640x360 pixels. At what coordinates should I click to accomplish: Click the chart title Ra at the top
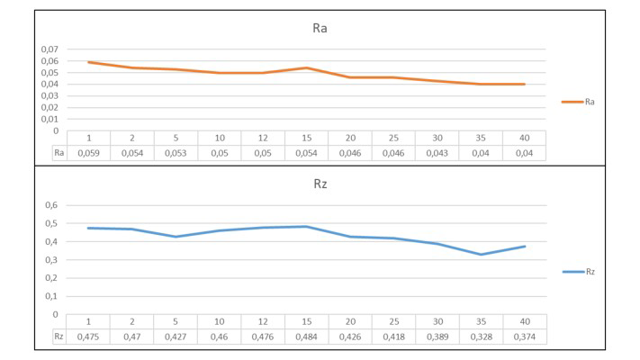click(320, 29)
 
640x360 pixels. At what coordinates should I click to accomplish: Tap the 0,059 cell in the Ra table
click(89, 154)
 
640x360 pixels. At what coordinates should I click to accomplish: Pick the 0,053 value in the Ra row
click(176, 154)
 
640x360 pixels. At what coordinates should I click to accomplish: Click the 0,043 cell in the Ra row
click(437, 154)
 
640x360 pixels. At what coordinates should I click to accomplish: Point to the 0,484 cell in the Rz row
click(307, 337)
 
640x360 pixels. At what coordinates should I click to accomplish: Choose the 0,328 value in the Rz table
click(480, 337)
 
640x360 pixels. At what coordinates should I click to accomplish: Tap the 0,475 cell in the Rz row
click(89, 337)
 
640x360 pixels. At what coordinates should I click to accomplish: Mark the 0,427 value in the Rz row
click(176, 337)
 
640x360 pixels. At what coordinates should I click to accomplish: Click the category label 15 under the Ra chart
click(307, 138)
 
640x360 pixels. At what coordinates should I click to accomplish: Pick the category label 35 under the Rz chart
click(480, 321)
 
